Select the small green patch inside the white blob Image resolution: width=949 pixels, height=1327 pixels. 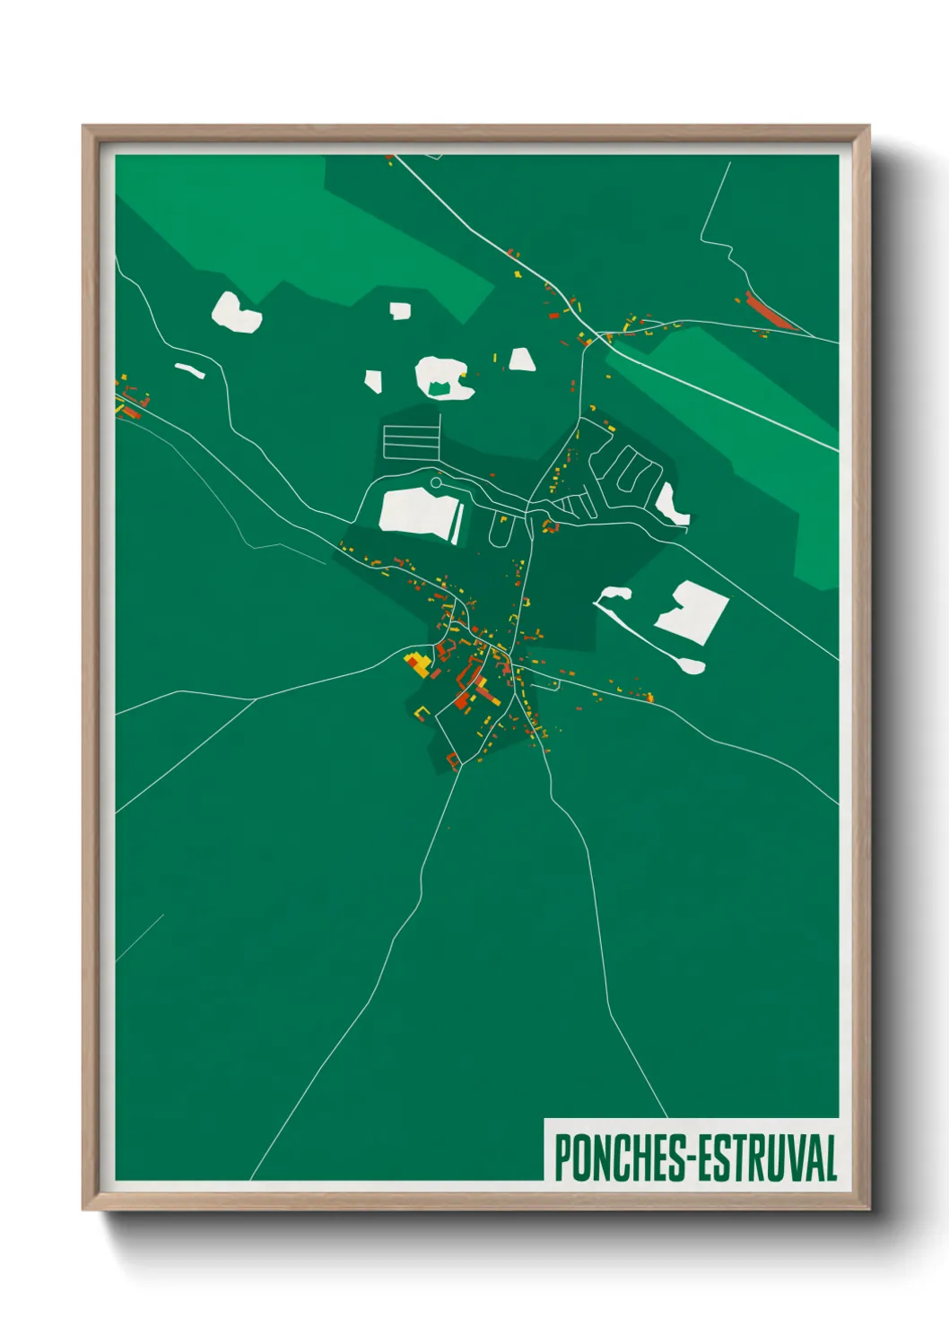(x=439, y=387)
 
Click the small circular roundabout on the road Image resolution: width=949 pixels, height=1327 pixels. (x=436, y=483)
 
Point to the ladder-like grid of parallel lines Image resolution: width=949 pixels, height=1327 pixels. (x=412, y=440)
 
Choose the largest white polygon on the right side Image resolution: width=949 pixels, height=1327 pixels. (x=693, y=612)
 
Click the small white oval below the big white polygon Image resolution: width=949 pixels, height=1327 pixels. (x=692, y=665)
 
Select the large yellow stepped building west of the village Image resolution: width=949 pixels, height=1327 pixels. (x=417, y=664)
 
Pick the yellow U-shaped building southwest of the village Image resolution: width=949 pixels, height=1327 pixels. (x=422, y=713)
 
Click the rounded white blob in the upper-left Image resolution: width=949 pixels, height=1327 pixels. (x=235, y=312)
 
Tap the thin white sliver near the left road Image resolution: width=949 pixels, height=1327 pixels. (x=189, y=369)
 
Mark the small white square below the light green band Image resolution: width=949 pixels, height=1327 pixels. (x=400, y=311)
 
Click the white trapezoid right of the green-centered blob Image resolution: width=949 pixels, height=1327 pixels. (x=522, y=360)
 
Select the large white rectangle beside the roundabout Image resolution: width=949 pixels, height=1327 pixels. (x=414, y=512)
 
